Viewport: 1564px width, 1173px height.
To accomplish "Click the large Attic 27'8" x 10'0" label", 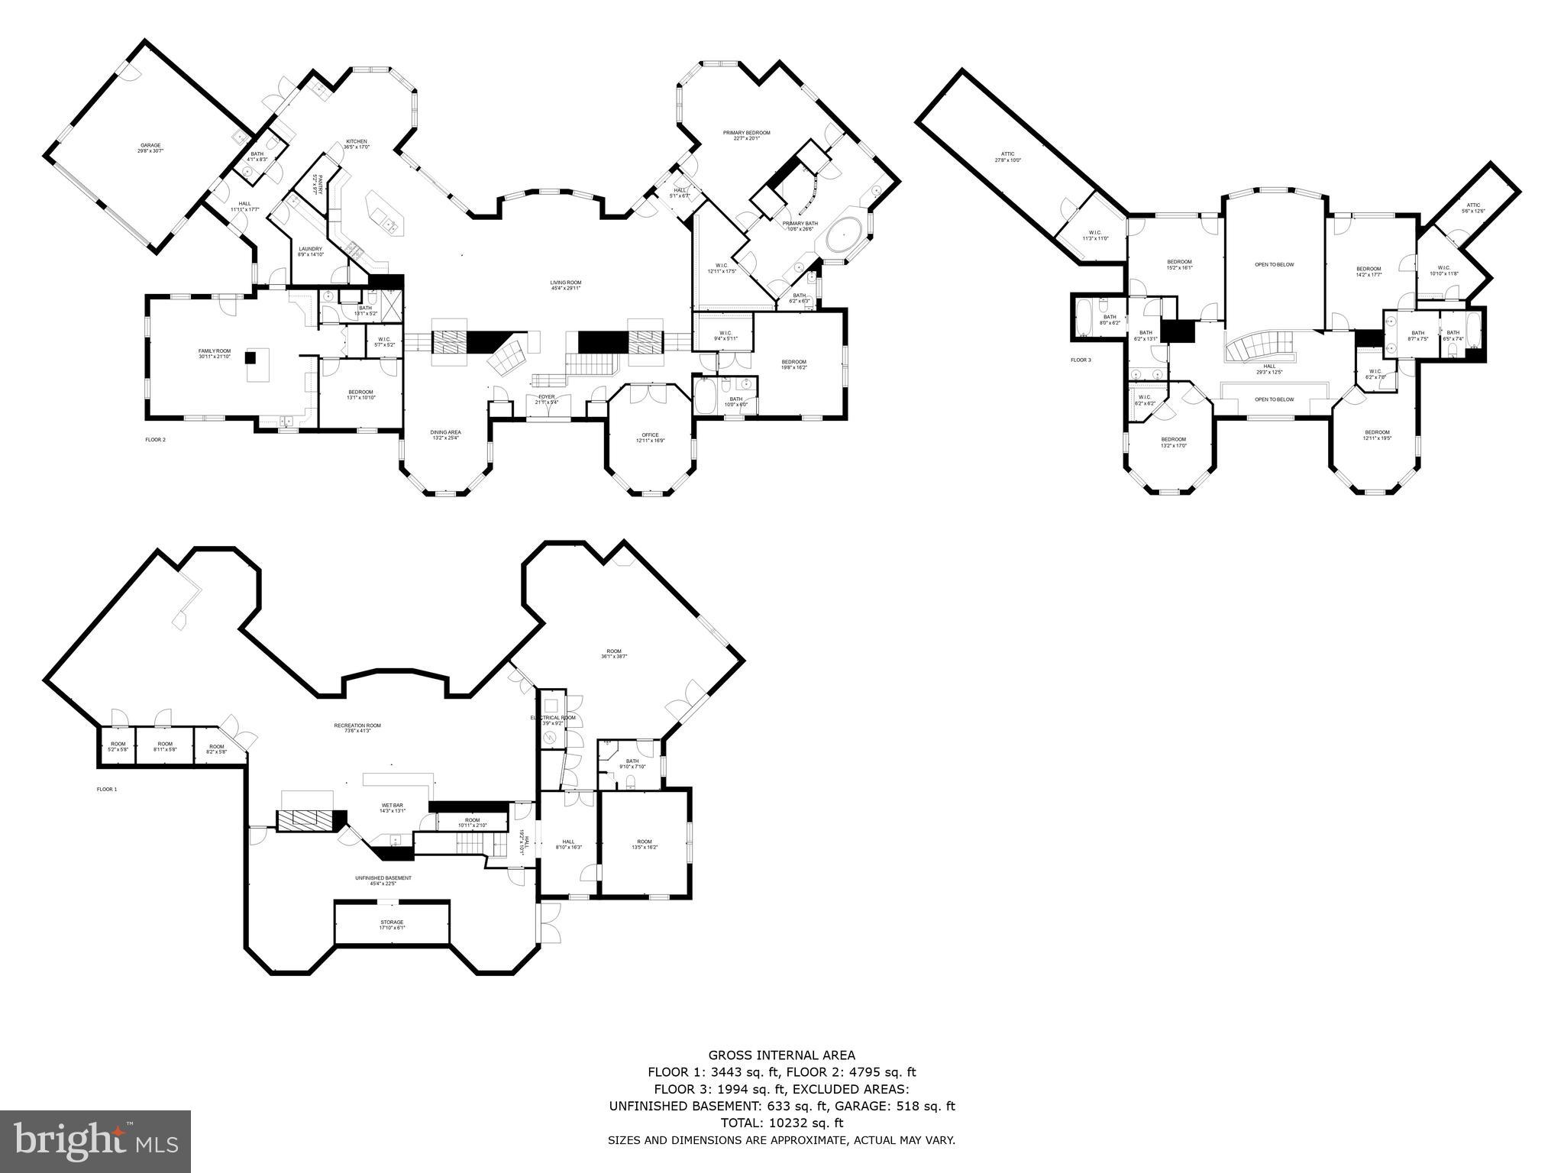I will (x=1007, y=157).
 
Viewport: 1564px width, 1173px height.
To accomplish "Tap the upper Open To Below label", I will (x=1274, y=265).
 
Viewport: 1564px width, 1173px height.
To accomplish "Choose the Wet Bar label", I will (x=393, y=807).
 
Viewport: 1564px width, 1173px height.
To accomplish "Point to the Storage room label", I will (x=392, y=924).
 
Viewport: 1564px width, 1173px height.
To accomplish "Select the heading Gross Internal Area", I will (x=781, y=1056).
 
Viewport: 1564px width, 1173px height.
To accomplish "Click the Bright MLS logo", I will (x=95, y=1142).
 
